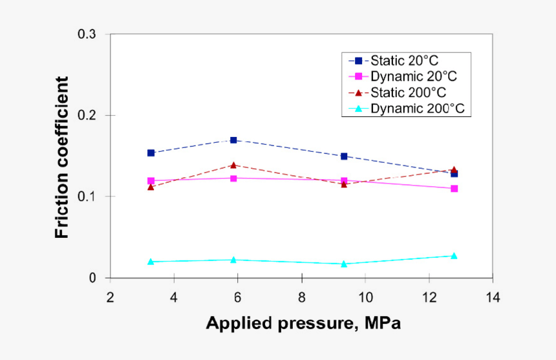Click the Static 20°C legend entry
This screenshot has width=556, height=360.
pyautogui.click(x=404, y=61)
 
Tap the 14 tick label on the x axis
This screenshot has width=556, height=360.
pyautogui.click(x=493, y=297)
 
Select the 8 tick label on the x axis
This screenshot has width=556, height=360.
pyautogui.click(x=301, y=297)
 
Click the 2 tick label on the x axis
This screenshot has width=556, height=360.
pyautogui.click(x=110, y=297)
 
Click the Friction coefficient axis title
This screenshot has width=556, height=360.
pyautogui.click(x=62, y=157)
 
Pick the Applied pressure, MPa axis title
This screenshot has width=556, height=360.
pyautogui.click(x=303, y=323)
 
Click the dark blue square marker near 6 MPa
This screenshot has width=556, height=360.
pyautogui.click(x=233, y=140)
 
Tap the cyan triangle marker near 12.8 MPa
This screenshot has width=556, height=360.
pyautogui.click(x=454, y=256)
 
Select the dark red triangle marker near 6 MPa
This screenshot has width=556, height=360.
pyautogui.click(x=233, y=165)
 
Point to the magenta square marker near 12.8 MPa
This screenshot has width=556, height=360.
pyautogui.click(x=454, y=189)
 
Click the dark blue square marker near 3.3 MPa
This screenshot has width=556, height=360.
pyautogui.click(x=151, y=153)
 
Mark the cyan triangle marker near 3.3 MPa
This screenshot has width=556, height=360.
pyautogui.click(x=151, y=262)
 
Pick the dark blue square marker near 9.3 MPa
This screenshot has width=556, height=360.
pyautogui.click(x=344, y=156)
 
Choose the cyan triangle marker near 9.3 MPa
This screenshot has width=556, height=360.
pyautogui.click(x=344, y=264)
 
